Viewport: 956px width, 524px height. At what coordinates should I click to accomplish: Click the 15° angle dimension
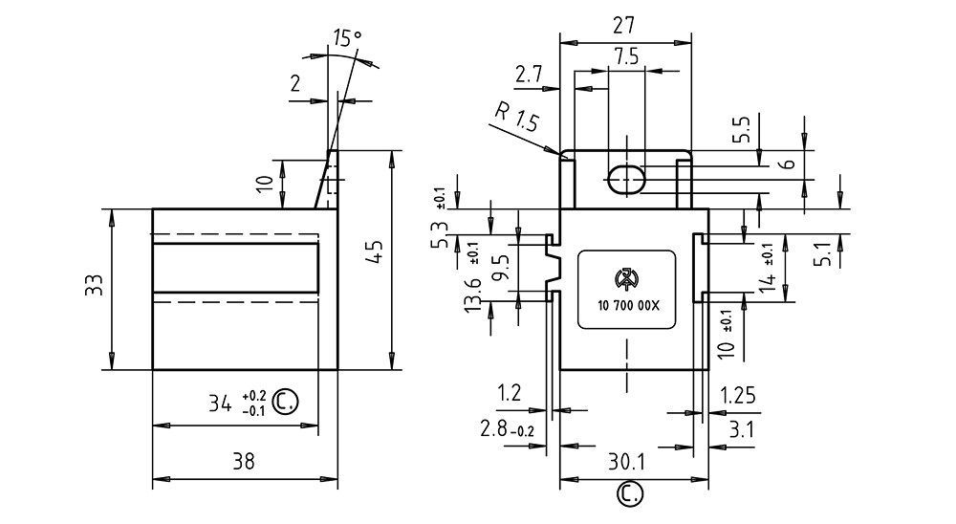pyautogui.click(x=347, y=39)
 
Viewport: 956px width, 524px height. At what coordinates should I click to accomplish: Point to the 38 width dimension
pyautogui.click(x=245, y=461)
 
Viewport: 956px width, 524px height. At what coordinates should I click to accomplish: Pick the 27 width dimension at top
pyautogui.click(x=625, y=23)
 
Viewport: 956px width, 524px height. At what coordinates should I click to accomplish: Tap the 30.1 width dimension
pyautogui.click(x=627, y=462)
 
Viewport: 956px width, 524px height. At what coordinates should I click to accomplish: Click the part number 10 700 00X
pyautogui.click(x=626, y=304)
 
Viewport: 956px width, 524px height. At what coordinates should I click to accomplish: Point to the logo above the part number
pyautogui.click(x=626, y=279)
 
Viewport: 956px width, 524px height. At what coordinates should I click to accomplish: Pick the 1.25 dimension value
pyautogui.click(x=736, y=393)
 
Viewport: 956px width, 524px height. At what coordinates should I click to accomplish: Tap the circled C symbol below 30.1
pyautogui.click(x=628, y=493)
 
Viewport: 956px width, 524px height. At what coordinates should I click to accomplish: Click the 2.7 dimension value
pyautogui.click(x=529, y=74)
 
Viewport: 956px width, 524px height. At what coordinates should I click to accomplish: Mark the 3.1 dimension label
pyautogui.click(x=743, y=429)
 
